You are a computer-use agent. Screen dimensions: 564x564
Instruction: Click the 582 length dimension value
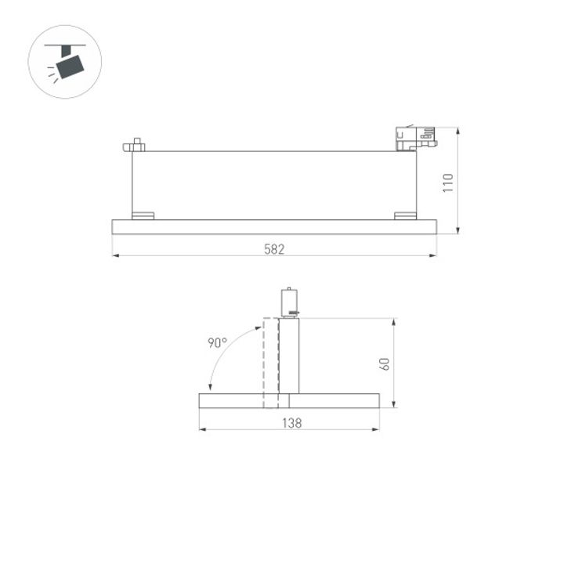coord(274,249)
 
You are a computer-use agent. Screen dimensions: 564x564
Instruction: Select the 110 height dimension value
coord(448,183)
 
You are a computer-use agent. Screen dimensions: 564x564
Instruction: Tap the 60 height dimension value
coord(384,363)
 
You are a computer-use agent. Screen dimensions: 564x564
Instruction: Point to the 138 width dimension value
coord(291,423)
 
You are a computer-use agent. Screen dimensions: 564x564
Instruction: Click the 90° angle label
coord(217,342)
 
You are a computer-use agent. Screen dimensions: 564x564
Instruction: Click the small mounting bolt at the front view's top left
coord(135,145)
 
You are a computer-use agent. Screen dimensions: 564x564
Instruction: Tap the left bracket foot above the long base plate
coord(143,215)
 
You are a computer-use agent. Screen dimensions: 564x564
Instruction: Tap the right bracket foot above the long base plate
coord(405,215)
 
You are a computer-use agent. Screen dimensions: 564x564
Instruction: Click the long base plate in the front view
coord(274,227)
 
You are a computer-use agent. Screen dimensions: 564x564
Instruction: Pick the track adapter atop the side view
coord(288,302)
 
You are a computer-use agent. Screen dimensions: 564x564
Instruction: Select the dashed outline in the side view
coord(270,360)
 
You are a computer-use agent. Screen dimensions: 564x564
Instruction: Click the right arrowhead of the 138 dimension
coord(377,429)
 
